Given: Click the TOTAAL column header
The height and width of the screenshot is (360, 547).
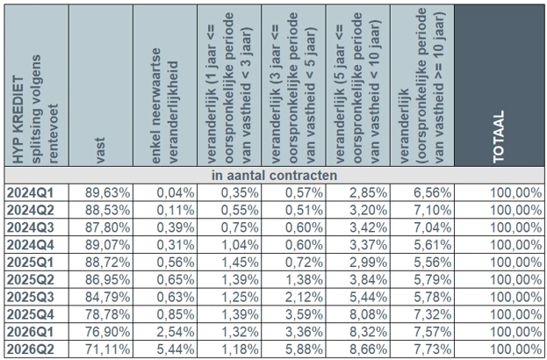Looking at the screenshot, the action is [x=499, y=137].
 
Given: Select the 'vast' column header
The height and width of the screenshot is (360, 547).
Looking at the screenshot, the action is [x=100, y=151].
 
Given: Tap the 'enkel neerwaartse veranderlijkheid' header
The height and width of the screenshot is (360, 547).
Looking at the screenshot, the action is [x=165, y=105].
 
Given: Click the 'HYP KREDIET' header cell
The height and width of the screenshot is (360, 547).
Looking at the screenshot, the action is [x=36, y=109].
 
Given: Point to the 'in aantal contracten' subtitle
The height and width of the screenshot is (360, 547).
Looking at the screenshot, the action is [x=274, y=175].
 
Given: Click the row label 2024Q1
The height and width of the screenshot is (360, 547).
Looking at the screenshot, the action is [x=31, y=192].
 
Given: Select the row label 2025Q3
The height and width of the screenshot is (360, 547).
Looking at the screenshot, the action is [x=31, y=297].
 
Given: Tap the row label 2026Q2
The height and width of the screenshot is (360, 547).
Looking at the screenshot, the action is [x=31, y=349].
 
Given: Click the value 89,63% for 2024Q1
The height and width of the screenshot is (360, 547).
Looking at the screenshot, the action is [x=107, y=192].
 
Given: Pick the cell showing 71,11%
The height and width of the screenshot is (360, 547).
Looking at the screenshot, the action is [x=107, y=349].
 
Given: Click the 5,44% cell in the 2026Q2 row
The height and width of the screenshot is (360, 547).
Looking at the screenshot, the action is [x=176, y=349].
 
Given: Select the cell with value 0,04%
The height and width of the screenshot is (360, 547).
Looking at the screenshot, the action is [x=176, y=192].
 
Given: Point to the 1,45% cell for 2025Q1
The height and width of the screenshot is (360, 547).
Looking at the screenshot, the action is [x=240, y=263].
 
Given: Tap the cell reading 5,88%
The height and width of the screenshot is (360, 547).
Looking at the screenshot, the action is [x=304, y=349].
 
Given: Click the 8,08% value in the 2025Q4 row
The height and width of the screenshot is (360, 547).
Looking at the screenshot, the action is [x=369, y=314].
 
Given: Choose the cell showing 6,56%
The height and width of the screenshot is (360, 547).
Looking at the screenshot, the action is [x=433, y=192].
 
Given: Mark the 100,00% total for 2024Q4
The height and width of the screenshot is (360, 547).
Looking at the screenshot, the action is [x=516, y=245].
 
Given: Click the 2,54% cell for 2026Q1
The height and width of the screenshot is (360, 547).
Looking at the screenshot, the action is [x=176, y=332].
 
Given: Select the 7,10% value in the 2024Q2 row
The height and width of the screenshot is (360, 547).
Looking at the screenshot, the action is [x=433, y=210].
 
